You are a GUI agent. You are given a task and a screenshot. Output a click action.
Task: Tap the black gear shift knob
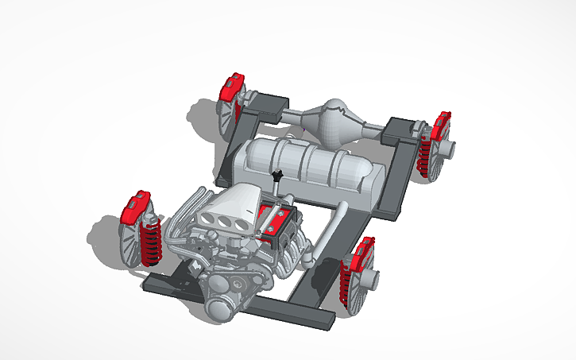[x=277, y=175]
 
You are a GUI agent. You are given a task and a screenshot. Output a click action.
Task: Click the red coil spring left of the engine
[x=150, y=238]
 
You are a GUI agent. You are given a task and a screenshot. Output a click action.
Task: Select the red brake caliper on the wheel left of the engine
[x=133, y=208]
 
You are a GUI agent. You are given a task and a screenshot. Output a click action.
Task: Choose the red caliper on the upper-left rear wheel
[x=231, y=87]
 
